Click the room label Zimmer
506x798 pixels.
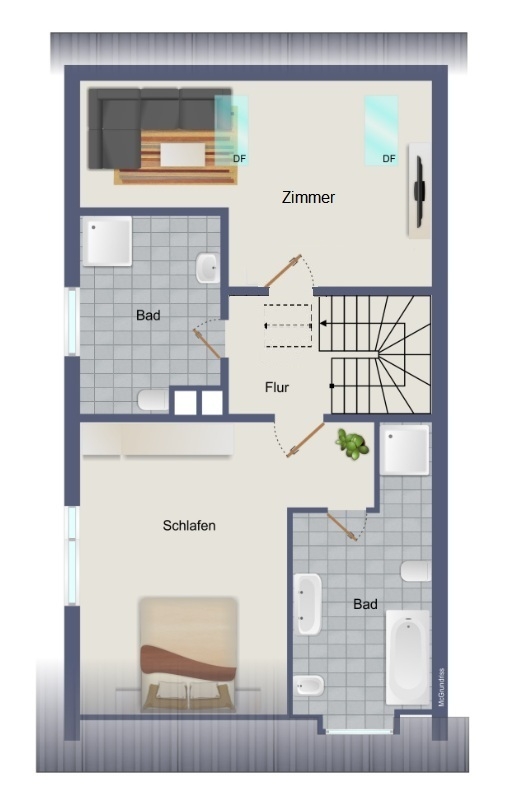click(308, 197)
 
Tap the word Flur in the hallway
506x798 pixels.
click(277, 387)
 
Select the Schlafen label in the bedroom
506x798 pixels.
click(189, 525)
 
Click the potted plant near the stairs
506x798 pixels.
click(352, 444)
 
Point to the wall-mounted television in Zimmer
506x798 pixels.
click(419, 191)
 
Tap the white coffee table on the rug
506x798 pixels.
click(183, 154)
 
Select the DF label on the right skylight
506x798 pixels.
click(389, 159)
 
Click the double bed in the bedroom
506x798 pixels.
click(188, 654)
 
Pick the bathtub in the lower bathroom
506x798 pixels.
click(408, 657)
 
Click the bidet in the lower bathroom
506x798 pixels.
click(308, 686)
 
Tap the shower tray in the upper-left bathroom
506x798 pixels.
click(107, 241)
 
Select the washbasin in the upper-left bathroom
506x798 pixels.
click(208, 268)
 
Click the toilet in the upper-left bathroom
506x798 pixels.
click(153, 401)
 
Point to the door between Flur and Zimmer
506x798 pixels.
click(283, 271)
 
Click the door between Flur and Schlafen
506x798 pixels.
click(305, 440)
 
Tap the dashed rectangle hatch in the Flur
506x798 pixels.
click(288, 326)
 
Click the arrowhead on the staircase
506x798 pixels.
click(323, 323)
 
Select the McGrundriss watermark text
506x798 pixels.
click(441, 687)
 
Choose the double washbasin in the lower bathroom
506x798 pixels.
click(308, 604)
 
